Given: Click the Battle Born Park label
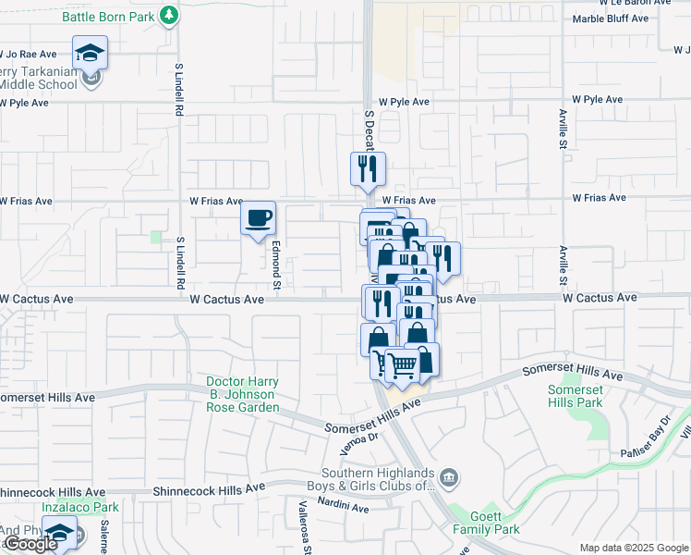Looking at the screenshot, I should point(108,17).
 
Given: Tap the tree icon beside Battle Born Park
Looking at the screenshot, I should point(168,15).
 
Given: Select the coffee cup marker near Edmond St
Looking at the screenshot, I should point(258,218).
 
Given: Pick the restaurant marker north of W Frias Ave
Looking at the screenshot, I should point(368,169).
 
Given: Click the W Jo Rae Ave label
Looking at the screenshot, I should point(29,55).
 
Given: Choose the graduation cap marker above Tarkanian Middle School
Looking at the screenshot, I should point(91,53).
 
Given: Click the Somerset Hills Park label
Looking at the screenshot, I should point(575,396).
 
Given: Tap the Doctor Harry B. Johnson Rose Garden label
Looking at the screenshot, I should point(242,394).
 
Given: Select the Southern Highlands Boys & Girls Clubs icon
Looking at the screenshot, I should point(449,477).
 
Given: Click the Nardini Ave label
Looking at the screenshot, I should point(346,508).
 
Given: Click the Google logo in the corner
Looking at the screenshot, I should point(30,544).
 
